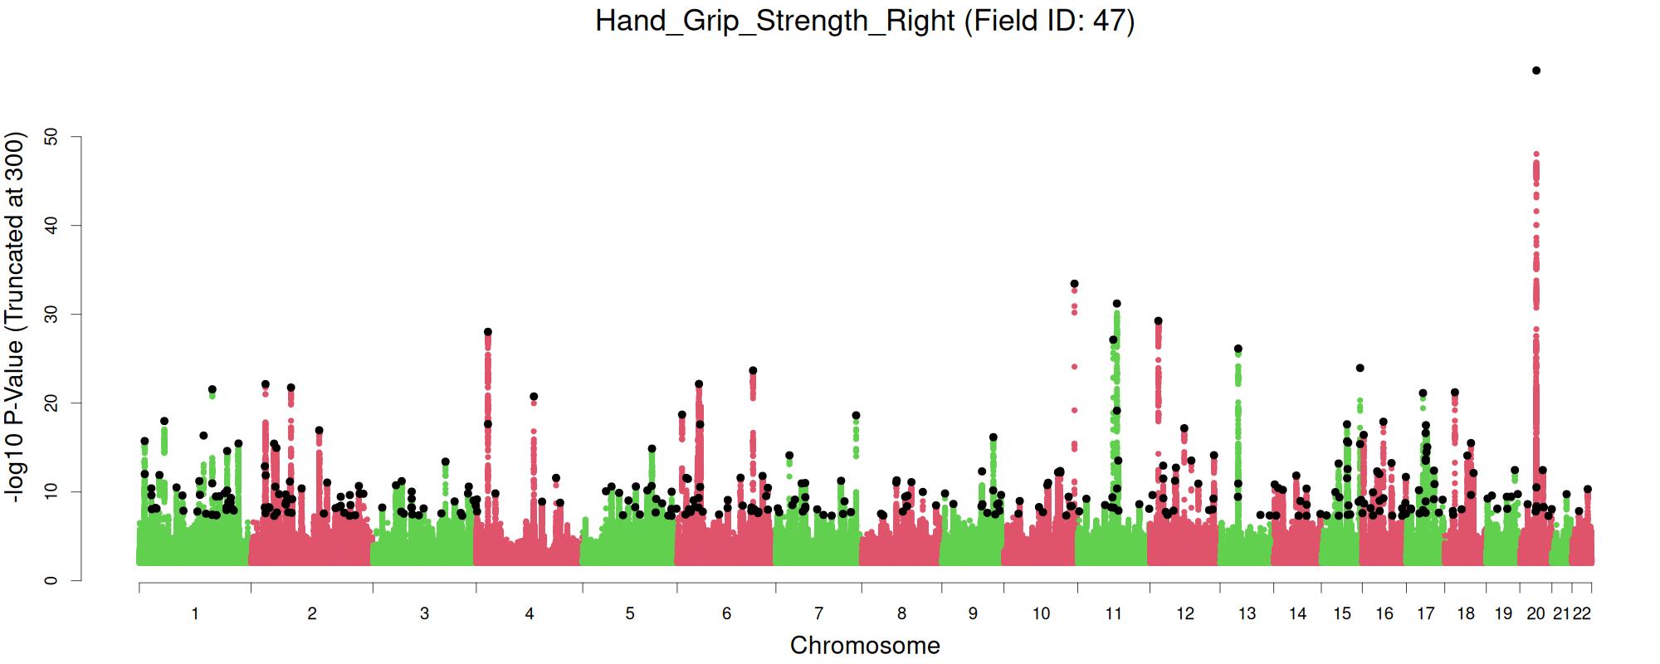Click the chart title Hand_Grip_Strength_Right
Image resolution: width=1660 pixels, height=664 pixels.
(775, 21)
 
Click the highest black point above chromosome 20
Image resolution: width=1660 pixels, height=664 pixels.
(1536, 71)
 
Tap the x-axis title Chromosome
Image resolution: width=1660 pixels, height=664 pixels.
(865, 646)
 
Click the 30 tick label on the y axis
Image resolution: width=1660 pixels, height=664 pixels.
(51, 315)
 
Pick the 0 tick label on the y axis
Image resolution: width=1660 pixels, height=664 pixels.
(51, 580)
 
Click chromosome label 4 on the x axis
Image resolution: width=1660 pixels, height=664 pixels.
(530, 614)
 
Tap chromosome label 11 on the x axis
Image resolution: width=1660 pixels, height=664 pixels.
(1113, 614)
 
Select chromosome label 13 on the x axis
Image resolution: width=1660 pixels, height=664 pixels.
(1247, 614)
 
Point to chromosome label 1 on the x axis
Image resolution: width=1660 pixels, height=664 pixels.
(195, 614)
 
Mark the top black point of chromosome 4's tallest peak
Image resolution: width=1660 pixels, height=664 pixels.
(488, 332)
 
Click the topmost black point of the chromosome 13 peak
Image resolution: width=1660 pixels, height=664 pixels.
(1238, 349)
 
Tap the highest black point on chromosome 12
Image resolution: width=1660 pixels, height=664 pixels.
(1159, 320)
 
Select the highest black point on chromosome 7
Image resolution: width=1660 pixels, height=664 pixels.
(857, 415)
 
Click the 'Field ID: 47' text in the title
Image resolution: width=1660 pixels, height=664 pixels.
(1048, 21)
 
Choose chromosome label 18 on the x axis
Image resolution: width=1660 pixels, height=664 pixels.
(1466, 614)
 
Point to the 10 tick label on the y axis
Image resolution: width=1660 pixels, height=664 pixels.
(51, 491)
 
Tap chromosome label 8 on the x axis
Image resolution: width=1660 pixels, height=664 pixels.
(902, 614)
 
